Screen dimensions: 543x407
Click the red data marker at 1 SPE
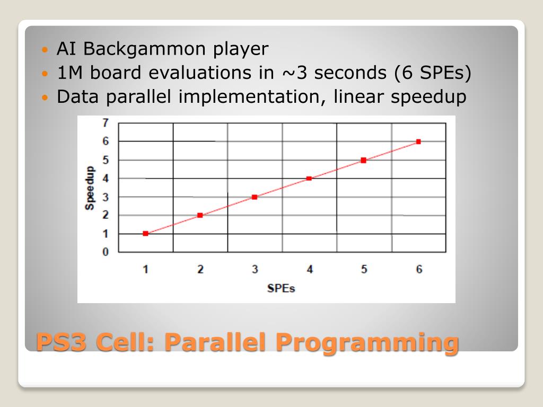[145, 234]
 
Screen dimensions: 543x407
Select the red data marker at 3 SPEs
[255, 197]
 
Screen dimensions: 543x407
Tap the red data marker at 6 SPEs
[418, 141]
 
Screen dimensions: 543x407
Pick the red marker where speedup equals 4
[309, 179]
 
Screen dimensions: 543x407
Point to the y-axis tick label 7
[106, 122]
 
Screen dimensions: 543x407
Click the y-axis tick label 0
[106, 252]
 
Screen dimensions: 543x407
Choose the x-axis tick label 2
[200, 269]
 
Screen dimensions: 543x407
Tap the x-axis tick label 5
[364, 269]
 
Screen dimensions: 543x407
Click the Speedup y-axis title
[89, 188]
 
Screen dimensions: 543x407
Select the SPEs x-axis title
[281, 288]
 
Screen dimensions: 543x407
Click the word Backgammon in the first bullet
[144, 48]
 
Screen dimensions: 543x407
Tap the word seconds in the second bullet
[351, 73]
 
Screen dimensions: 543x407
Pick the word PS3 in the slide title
[61, 342]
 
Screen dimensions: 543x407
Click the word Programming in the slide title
[367, 343]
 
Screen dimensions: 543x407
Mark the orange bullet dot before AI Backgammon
[45, 50]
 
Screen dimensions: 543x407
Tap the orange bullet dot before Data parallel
[45, 98]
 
